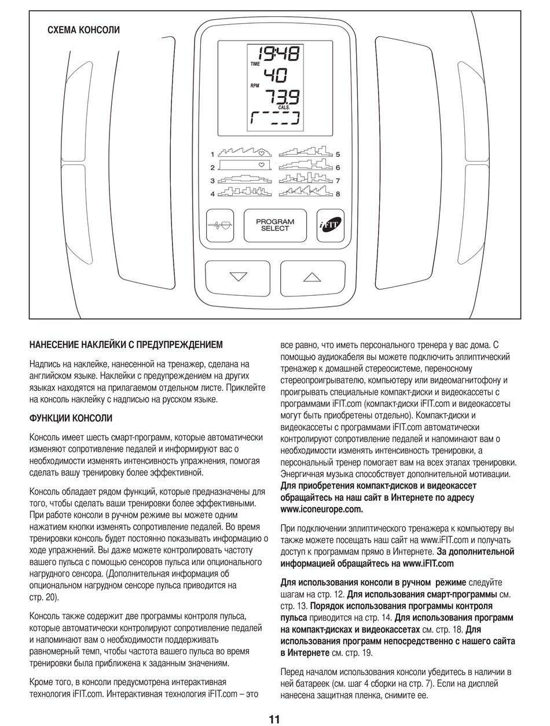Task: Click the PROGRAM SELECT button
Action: coord(274,225)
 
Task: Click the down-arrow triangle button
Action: coord(238,277)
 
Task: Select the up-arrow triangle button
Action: coord(311,277)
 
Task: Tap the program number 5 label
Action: coord(338,155)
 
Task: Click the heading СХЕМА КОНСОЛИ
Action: coord(83,31)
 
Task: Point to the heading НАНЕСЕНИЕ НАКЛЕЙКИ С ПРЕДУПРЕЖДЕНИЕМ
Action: coord(126,345)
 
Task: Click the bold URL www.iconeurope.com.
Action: coord(321,509)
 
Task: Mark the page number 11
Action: coord(274,720)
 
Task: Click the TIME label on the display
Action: coord(255,64)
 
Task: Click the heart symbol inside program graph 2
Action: coord(262,166)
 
